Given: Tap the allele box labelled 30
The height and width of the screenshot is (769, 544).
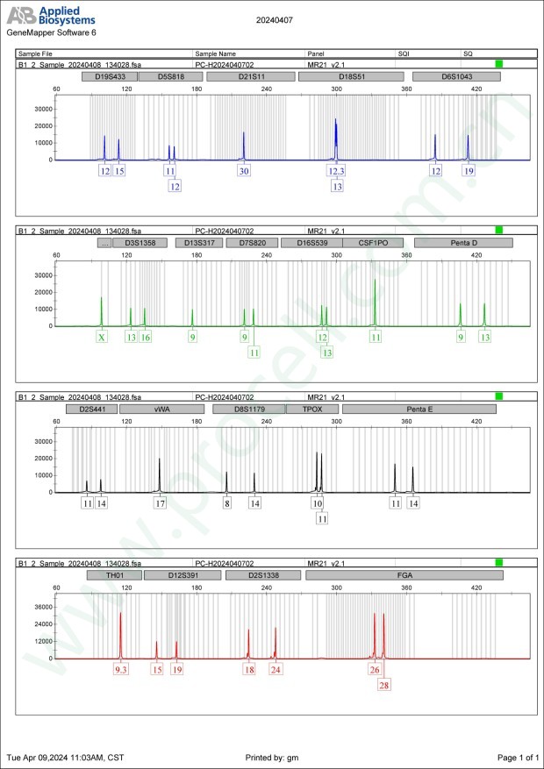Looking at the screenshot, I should pyautogui.click(x=244, y=171).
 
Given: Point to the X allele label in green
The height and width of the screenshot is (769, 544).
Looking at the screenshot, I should pyautogui.click(x=102, y=337).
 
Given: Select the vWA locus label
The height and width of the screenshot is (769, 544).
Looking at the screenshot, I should pyautogui.click(x=162, y=408).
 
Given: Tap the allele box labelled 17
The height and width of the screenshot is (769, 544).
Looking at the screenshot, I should pyautogui.click(x=160, y=503).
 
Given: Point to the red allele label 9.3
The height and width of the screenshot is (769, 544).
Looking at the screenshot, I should pyautogui.click(x=121, y=670).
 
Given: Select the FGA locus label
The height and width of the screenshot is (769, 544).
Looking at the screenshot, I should pyautogui.click(x=405, y=575).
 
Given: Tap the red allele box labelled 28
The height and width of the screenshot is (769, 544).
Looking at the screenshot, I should pyautogui.click(x=384, y=685).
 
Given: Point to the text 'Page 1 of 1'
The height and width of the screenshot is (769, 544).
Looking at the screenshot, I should pyautogui.click(x=517, y=757).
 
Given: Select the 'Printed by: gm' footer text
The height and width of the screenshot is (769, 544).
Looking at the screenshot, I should pyautogui.click(x=274, y=757).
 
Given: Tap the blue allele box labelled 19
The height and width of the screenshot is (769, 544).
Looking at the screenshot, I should pyautogui.click(x=469, y=171).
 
